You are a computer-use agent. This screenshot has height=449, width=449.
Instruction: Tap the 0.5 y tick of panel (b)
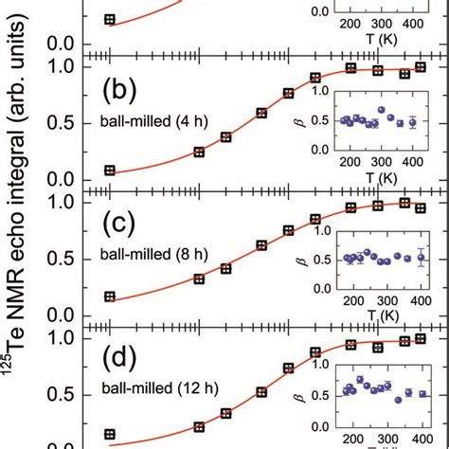[x=60, y=123]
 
